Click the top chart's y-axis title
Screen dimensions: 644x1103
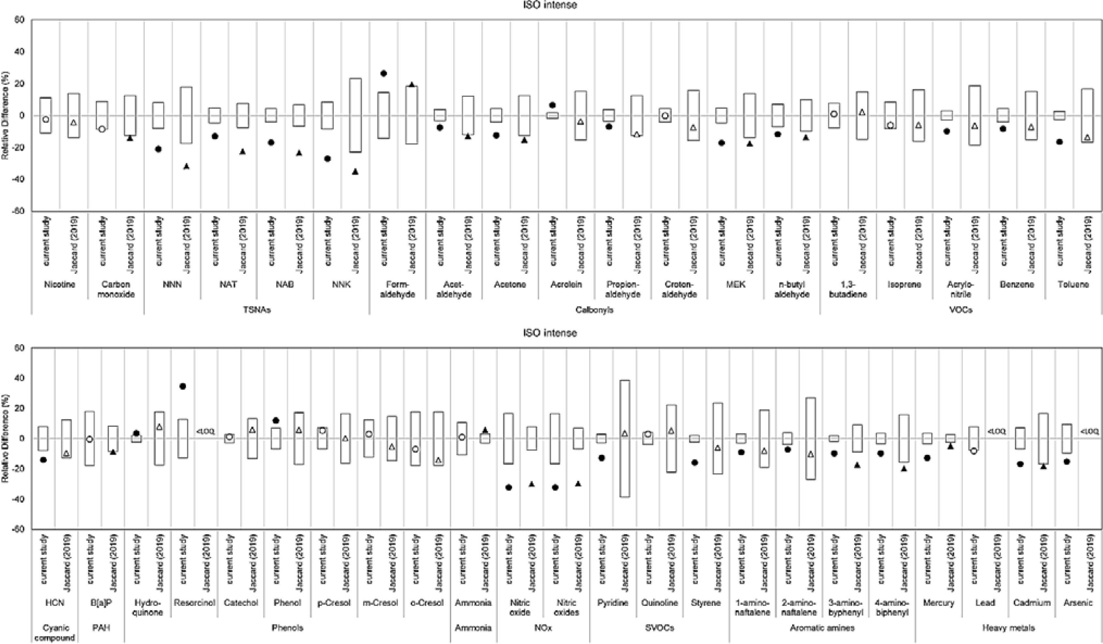point(6,116)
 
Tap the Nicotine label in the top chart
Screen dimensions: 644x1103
point(60,284)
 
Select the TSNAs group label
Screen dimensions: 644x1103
point(257,310)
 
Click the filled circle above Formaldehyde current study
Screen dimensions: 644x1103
point(383,74)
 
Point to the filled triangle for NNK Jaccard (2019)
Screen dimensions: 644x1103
point(355,172)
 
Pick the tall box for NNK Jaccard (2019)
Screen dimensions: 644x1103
point(355,115)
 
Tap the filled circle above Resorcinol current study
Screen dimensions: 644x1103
point(183,386)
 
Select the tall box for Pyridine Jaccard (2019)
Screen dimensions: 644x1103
point(625,438)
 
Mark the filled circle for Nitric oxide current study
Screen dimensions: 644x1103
point(509,487)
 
